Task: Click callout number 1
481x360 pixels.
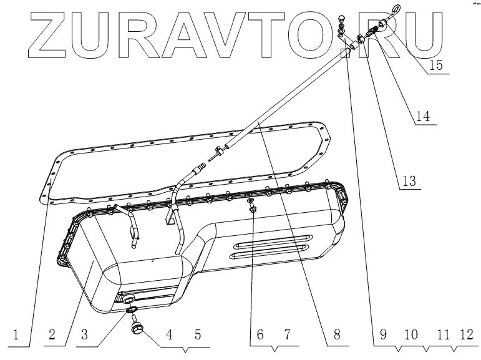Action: pos(23,335)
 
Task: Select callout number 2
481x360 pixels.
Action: pos(53,335)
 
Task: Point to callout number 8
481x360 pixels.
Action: pos(336,335)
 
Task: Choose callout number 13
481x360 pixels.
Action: pos(408,181)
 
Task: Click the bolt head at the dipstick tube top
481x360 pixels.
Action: pos(341,19)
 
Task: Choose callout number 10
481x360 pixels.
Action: pos(411,335)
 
